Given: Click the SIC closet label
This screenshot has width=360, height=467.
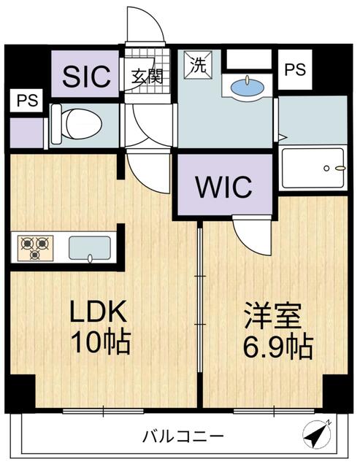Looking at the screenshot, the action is click(x=86, y=76).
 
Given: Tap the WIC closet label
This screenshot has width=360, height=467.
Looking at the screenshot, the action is click(x=223, y=187).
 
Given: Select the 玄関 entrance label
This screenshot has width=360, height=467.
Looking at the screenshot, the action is click(x=148, y=76).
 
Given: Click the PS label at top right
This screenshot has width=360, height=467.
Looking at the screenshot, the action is click(x=295, y=69).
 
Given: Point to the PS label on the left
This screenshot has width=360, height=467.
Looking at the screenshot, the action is click(x=27, y=101).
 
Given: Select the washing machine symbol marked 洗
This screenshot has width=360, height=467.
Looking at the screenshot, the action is click(x=198, y=65).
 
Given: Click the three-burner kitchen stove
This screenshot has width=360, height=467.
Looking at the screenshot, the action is click(x=36, y=248).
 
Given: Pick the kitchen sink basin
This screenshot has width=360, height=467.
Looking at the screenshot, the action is click(x=90, y=248).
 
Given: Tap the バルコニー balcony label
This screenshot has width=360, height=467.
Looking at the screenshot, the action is click(x=183, y=436).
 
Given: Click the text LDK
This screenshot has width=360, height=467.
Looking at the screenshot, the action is click(x=97, y=311).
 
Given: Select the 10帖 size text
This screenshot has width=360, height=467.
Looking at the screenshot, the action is click(x=101, y=341).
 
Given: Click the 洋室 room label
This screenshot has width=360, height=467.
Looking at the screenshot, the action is click(x=272, y=316).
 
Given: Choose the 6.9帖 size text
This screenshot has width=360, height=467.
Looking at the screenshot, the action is click(x=278, y=347).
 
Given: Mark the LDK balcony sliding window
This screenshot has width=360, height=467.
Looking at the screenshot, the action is click(x=104, y=412).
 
